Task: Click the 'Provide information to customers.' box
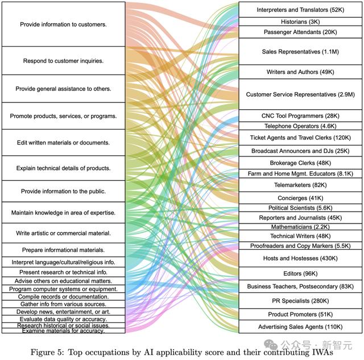coord(63,24)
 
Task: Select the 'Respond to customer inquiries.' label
coord(63,61)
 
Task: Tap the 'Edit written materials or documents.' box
coord(63,143)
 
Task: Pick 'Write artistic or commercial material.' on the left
coord(63,233)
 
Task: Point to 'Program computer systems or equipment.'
coord(63,289)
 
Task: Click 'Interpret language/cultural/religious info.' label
coord(63,262)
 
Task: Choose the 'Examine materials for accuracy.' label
coord(63,331)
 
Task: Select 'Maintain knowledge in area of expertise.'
coord(63,213)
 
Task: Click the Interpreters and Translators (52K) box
coord(300,10)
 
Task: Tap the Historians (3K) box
coord(300,22)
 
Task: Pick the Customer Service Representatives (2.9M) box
coord(300,94)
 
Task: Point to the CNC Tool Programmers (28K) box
coord(300,115)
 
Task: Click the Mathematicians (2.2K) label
coord(300,226)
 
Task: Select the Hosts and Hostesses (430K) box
coord(300,258)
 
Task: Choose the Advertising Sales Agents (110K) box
coord(300,326)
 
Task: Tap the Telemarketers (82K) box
coord(300,185)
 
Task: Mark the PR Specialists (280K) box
coord(300,301)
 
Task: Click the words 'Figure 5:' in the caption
coord(47,353)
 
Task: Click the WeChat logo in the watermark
coord(271,345)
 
